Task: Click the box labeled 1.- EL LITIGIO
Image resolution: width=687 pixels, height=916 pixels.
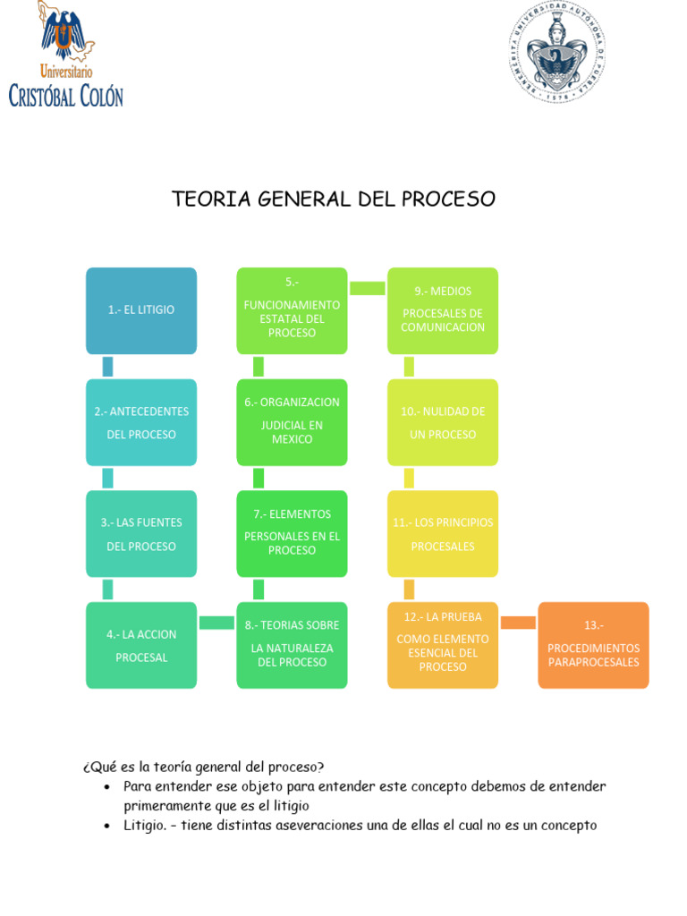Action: tap(141, 310)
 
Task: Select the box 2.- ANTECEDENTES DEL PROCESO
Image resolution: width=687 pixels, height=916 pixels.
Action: tap(141, 422)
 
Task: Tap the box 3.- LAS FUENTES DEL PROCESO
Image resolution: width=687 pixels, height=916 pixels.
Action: tap(141, 534)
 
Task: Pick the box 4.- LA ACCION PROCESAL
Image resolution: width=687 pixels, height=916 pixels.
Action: tap(141, 645)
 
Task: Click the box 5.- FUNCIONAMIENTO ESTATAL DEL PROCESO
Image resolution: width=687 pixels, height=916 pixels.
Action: tap(292, 310)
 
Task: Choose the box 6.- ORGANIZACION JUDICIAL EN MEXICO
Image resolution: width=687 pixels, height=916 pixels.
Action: tap(292, 422)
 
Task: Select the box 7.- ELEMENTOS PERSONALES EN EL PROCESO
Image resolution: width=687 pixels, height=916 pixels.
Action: tap(292, 534)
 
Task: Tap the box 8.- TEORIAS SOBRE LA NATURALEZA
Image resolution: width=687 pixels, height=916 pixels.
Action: tap(292, 645)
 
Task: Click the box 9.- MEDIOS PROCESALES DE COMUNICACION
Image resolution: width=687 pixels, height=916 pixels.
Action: tap(443, 310)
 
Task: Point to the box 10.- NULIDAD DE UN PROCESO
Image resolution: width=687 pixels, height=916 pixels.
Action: tap(443, 422)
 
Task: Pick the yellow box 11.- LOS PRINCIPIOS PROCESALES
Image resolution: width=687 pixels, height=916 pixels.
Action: tap(443, 534)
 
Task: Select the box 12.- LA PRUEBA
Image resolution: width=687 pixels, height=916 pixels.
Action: tap(443, 645)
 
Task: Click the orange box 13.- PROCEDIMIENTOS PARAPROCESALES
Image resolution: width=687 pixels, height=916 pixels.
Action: tap(593, 645)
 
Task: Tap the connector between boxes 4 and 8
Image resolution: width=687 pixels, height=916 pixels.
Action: tap(216, 623)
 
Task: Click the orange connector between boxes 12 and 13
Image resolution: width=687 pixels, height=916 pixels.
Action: tap(518, 623)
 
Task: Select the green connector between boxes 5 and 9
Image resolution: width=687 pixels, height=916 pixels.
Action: tap(367, 288)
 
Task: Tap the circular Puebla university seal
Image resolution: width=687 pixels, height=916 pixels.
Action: tap(558, 50)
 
